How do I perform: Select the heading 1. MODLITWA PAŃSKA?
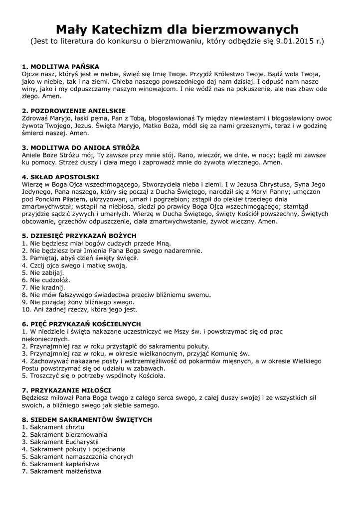[x=61, y=67]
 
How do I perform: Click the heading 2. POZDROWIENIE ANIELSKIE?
[x=74, y=111]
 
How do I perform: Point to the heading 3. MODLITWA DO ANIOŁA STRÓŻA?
[x=81, y=148]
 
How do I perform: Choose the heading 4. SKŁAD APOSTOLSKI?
[x=60, y=177]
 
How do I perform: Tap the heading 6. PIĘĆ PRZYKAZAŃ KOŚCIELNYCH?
[x=81, y=324]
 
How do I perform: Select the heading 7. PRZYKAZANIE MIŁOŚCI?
[x=67, y=390]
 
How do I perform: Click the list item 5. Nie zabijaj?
[x=43, y=273]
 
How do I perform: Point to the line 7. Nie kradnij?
[x=43, y=287]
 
